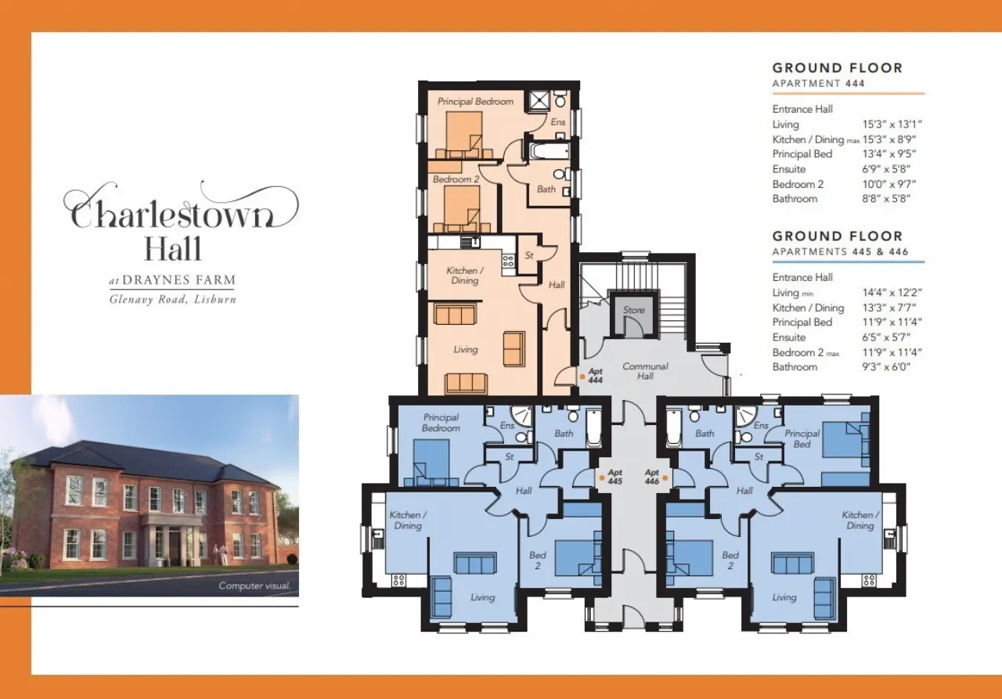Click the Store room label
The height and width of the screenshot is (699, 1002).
(634, 310)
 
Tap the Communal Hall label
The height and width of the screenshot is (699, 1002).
(645, 371)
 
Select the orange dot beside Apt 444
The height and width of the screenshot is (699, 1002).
(582, 377)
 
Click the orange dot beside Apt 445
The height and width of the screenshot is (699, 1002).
(602, 478)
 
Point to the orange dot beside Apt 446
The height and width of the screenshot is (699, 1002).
(665, 478)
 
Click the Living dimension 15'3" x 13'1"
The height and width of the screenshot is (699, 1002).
(892, 124)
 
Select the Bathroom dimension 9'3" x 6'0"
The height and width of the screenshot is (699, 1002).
(886, 367)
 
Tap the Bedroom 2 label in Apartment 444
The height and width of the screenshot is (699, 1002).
(456, 179)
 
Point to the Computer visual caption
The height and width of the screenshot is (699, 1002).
(254, 586)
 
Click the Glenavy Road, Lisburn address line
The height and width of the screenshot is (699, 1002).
(173, 299)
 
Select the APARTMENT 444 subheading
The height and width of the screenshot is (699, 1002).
(818, 84)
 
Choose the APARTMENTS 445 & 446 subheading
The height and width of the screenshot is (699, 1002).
(840, 252)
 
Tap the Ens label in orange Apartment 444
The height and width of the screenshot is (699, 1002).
(558, 122)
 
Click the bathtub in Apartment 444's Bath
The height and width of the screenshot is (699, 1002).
(549, 151)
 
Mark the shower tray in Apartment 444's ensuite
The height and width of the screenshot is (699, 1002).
(539, 101)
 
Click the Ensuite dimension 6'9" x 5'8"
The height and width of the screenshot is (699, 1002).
(886, 170)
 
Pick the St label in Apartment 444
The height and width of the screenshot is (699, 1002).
(529, 255)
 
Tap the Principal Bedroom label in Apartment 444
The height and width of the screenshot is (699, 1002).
(475, 102)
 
